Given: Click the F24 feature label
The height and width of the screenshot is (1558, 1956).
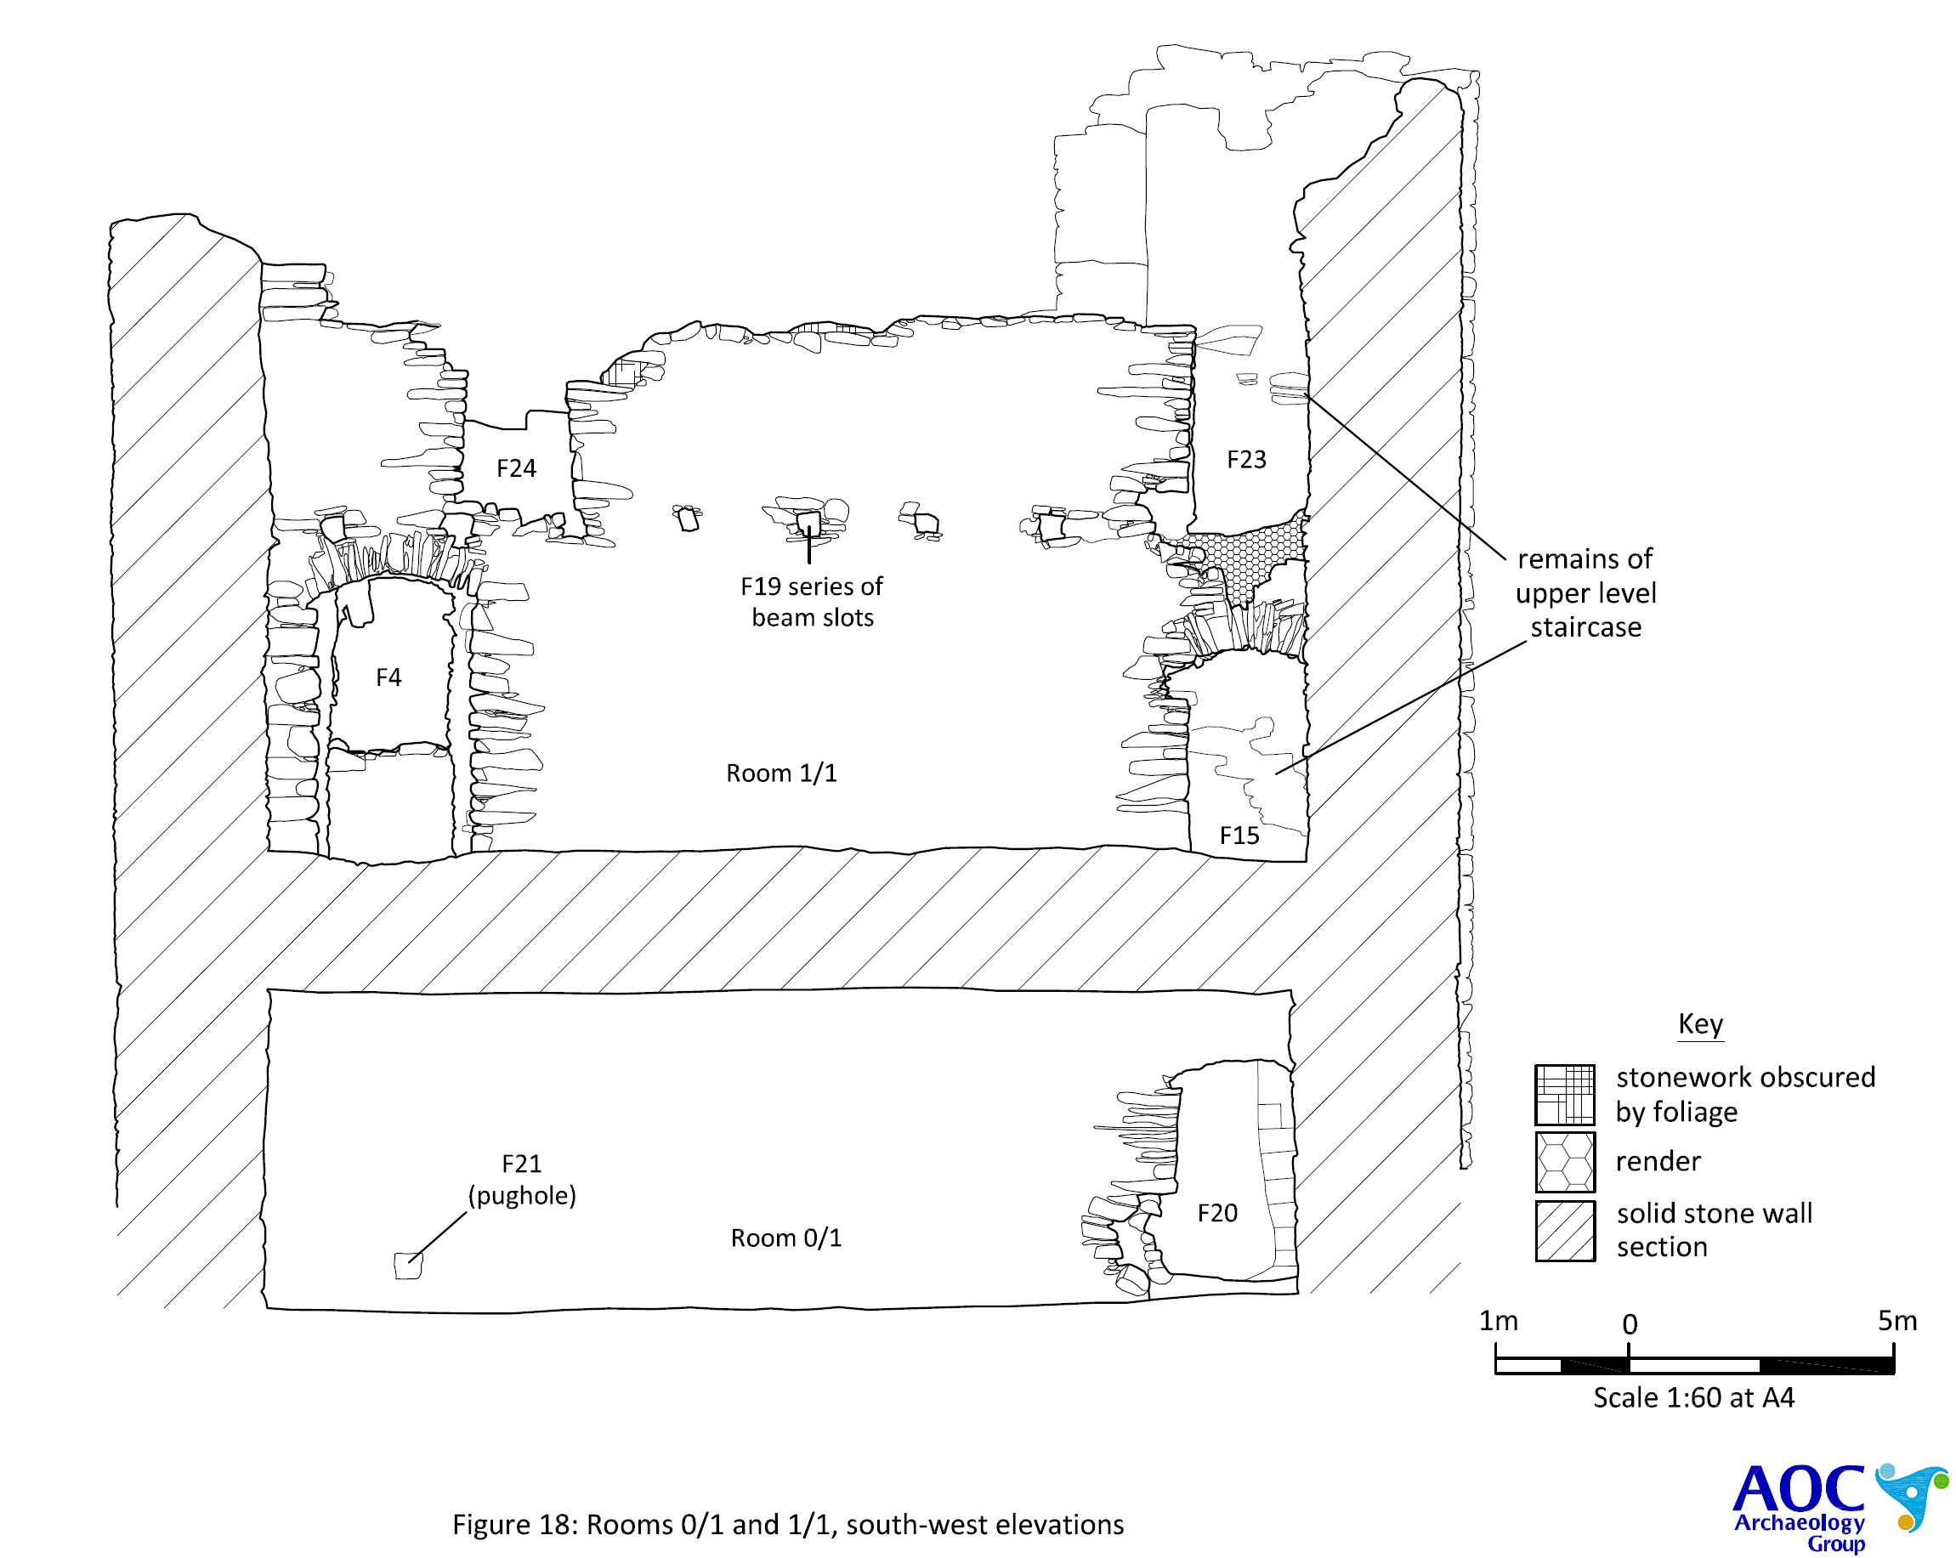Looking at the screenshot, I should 515,468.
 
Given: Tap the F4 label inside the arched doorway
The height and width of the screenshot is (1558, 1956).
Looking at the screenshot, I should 388,677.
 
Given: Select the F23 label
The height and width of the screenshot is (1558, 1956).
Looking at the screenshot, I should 1245,459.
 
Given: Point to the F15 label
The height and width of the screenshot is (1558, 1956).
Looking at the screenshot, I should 1239,835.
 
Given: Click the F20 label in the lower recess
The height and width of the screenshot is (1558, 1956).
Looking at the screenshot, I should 1216,1213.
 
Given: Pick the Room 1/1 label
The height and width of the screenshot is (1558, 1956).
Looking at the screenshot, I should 781,773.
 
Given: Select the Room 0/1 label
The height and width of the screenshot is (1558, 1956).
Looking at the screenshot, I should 785,1238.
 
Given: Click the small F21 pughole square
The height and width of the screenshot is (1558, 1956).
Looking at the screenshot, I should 408,1265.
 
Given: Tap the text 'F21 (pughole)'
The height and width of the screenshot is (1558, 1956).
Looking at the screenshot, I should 522,1180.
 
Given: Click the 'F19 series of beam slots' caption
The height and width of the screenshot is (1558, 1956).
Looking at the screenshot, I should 812,602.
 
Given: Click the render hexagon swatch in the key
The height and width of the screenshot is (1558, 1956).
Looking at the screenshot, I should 1565,1161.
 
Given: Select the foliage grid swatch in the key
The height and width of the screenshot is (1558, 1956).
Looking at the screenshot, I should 1565,1094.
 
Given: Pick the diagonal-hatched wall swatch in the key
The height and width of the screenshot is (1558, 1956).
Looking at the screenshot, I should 1565,1231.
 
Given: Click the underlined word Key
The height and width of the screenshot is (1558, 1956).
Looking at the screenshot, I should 1700,1023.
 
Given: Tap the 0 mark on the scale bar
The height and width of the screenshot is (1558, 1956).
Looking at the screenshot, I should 1630,1325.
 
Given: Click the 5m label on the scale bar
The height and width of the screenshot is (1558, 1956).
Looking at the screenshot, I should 1897,1321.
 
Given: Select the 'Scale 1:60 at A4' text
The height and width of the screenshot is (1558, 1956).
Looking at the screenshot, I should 1694,1397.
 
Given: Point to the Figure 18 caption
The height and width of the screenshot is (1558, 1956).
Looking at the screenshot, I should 787,1525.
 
